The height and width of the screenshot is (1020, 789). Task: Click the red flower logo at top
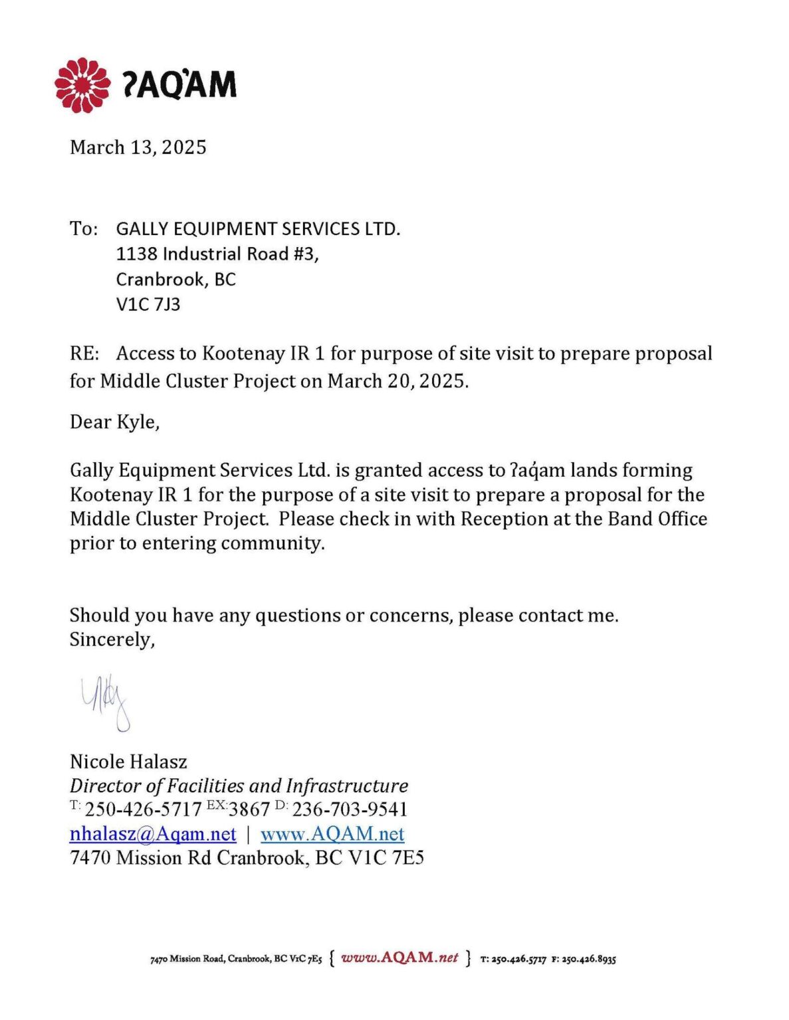82,85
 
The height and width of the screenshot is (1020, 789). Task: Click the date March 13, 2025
138,147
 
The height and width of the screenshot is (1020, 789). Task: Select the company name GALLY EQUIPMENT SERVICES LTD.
258,229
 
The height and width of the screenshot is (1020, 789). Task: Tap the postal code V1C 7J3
148,305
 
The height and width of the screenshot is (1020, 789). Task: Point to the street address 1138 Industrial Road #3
217,254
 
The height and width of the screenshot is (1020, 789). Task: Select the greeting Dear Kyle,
114,422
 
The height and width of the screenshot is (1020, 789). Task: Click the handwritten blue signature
106,703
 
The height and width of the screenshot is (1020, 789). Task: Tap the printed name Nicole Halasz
128,762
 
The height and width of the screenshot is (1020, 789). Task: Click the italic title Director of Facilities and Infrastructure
239,786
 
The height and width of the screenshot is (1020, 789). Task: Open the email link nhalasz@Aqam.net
153,834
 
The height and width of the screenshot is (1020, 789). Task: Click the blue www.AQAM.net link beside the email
332,834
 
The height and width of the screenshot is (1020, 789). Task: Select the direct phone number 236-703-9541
350,809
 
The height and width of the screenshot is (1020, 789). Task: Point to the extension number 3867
249,809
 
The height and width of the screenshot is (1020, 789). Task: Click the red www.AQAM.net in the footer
399,958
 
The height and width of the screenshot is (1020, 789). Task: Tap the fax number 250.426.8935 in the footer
589,959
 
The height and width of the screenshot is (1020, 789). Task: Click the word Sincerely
112,639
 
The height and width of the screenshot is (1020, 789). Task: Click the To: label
84,229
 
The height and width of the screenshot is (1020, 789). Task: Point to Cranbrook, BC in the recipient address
175,280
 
